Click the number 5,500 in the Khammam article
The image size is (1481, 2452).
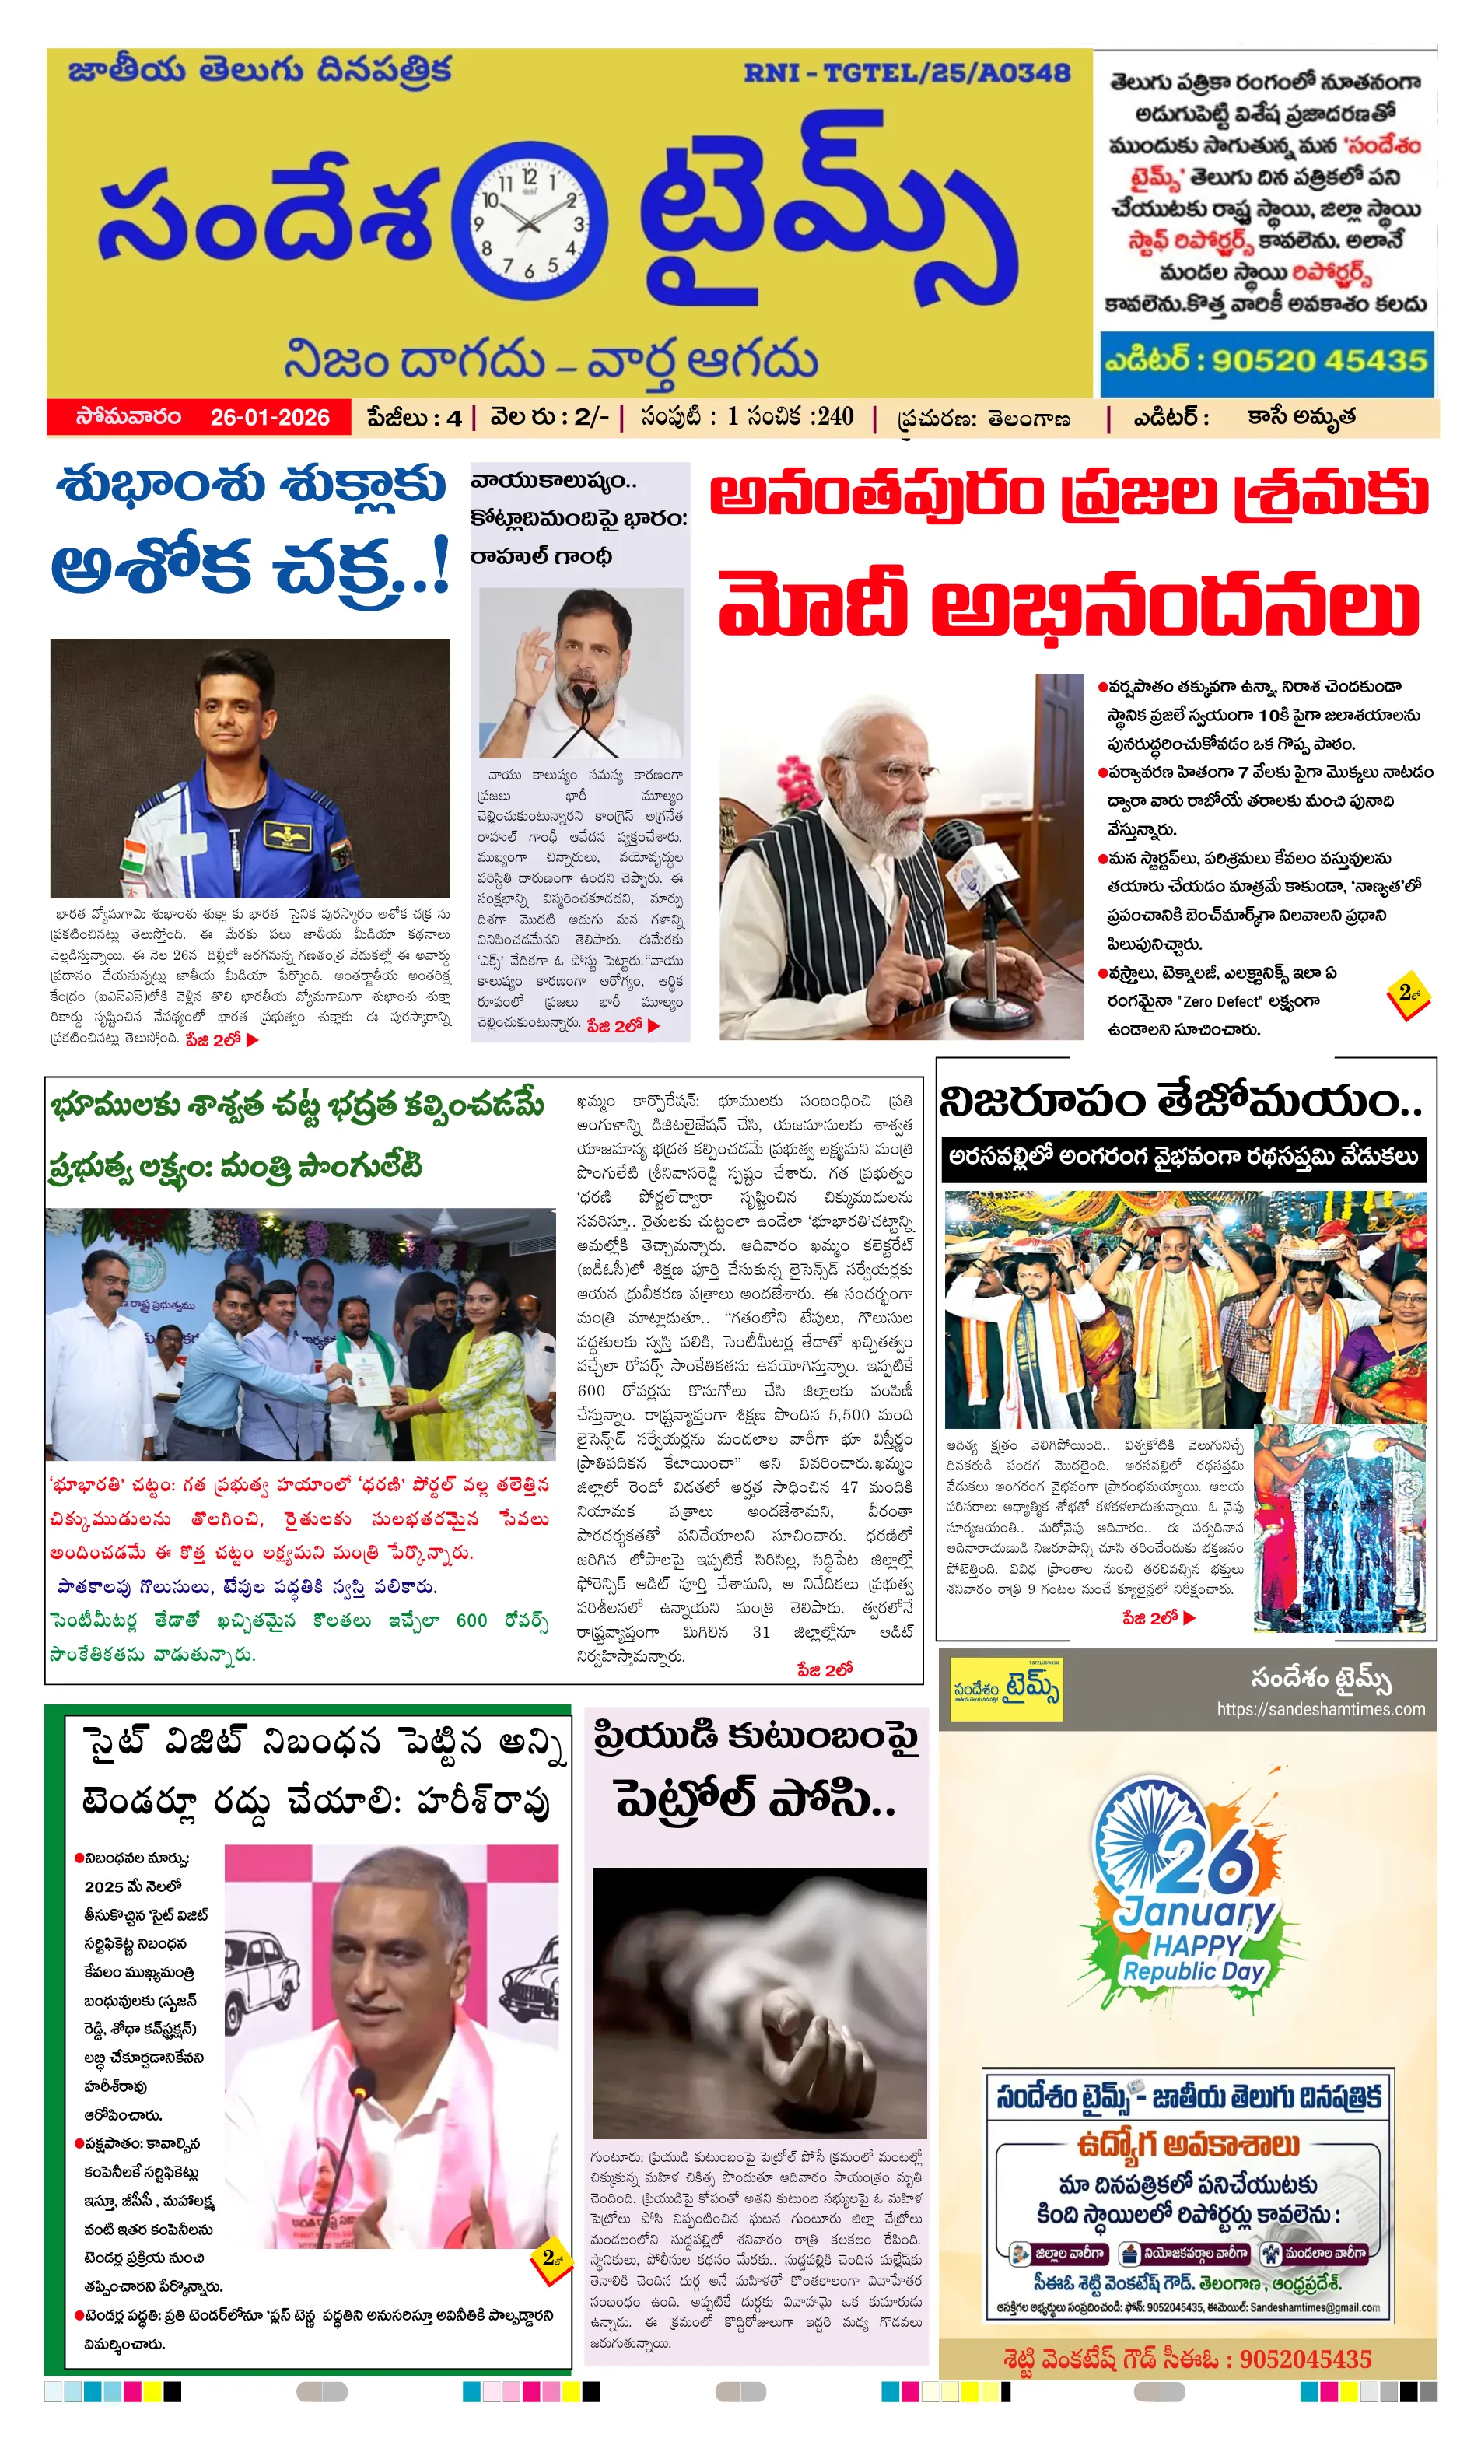point(849,1415)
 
